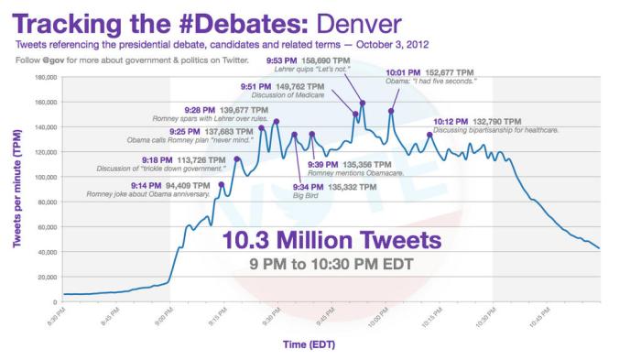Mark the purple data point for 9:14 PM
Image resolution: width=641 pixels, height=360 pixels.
[x=221, y=184]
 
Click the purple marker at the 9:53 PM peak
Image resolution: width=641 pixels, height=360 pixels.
[x=363, y=103]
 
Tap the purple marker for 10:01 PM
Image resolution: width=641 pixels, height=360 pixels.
[x=391, y=111]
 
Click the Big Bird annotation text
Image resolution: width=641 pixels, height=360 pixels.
[x=305, y=196]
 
